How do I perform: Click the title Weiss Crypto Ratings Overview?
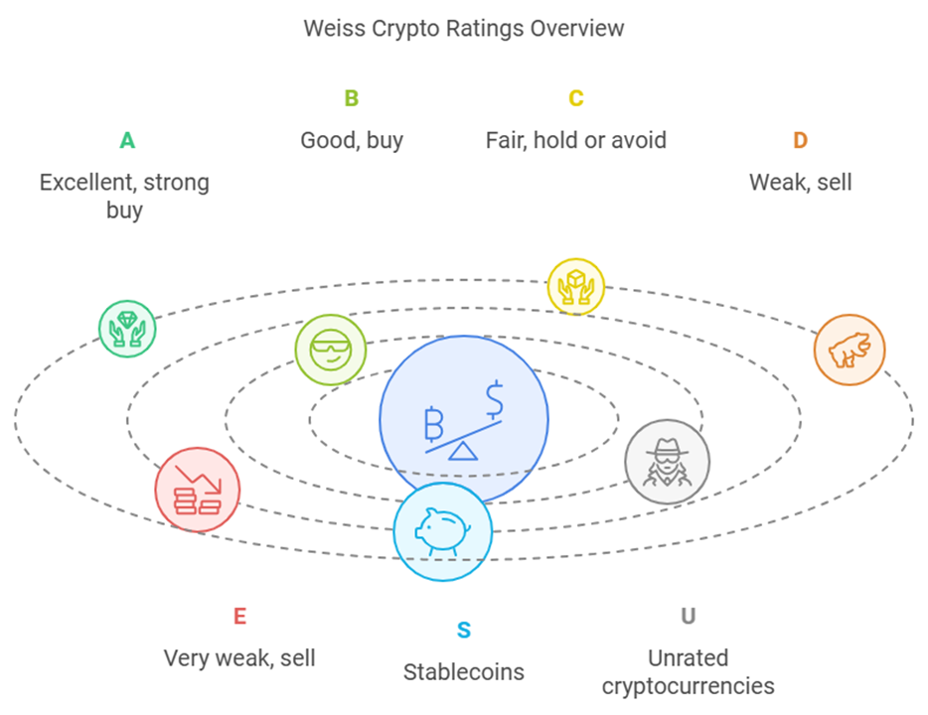[463, 29]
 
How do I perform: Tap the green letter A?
[127, 141]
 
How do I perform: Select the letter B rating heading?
[352, 98]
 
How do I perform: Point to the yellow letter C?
[576, 98]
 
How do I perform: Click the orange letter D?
[800, 141]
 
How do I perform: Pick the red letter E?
[239, 617]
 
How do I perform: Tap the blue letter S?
[464, 631]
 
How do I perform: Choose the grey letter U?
[688, 617]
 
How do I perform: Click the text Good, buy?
[352, 141]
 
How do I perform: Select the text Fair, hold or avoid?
[576, 141]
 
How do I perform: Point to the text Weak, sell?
[800, 183]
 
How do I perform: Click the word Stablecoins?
[463, 672]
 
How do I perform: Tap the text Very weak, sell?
[239, 658]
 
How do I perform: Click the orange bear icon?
[850, 351]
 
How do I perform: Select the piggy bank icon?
[443, 531]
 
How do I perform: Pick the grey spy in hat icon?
[667, 462]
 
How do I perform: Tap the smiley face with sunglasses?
[331, 350]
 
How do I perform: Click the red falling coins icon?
[197, 490]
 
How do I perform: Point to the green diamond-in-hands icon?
[127, 329]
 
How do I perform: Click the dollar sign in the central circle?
[494, 399]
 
